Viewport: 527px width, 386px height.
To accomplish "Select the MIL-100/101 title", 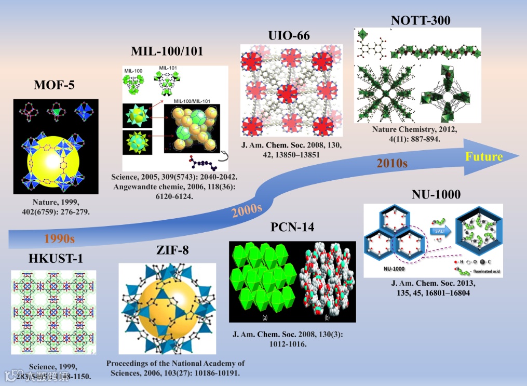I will pyautogui.click(x=167, y=51).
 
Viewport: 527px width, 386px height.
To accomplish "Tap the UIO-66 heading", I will pyautogui.click(x=289, y=35).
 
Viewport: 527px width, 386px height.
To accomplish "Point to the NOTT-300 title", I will pyautogui.click(x=420, y=20).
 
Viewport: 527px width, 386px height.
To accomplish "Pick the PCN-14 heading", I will pyautogui.click(x=292, y=227).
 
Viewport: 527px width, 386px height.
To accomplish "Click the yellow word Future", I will pyautogui.click(x=483, y=156).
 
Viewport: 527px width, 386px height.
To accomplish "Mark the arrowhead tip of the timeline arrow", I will pyautogui.click(x=520, y=156).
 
